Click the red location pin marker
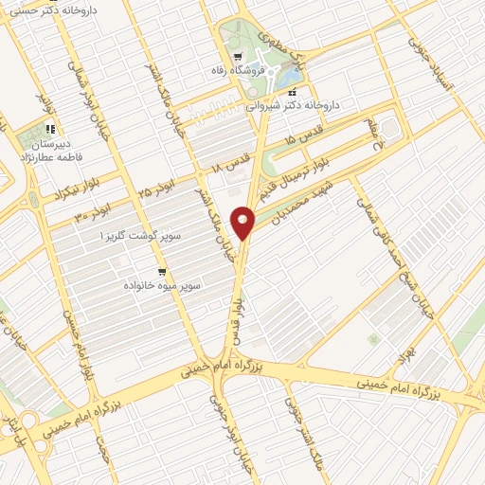pyautogui.click(x=244, y=223)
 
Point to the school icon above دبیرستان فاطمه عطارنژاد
pyautogui.click(x=49, y=129)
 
